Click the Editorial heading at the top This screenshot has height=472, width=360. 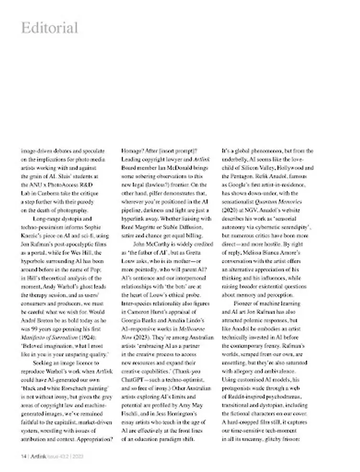click(x=49, y=27)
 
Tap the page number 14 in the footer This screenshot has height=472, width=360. click(x=24, y=456)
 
